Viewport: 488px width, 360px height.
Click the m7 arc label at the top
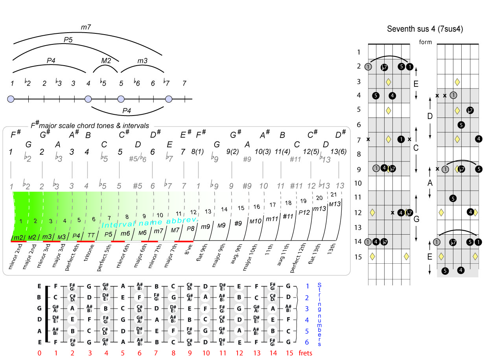[87, 27]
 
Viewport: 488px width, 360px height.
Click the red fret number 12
[240, 353]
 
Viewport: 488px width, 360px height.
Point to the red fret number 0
[39, 353]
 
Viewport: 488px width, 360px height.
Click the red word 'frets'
[305, 353]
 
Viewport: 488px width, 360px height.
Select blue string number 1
[307, 286]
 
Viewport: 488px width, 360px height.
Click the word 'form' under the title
[425, 42]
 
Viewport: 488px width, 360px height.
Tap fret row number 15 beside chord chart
[358, 257]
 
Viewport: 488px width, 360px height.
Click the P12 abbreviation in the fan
[304, 213]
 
